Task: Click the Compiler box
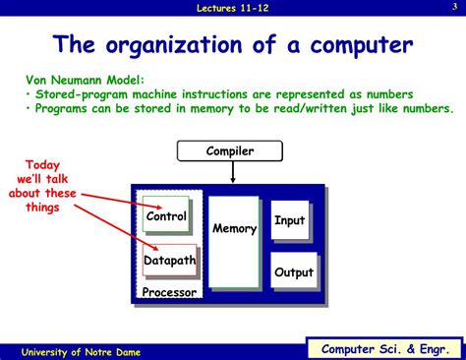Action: (230, 150)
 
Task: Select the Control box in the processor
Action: (165, 216)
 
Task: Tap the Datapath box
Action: (169, 261)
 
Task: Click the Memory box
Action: (234, 229)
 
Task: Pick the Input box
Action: (289, 220)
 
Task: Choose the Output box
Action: (293, 272)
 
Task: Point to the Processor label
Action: (168, 293)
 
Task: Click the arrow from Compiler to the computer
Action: (232, 172)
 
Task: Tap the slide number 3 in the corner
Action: (454, 8)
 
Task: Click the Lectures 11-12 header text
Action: (233, 8)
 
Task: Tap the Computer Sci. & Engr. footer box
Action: (383, 348)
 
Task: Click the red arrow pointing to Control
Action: (113, 202)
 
